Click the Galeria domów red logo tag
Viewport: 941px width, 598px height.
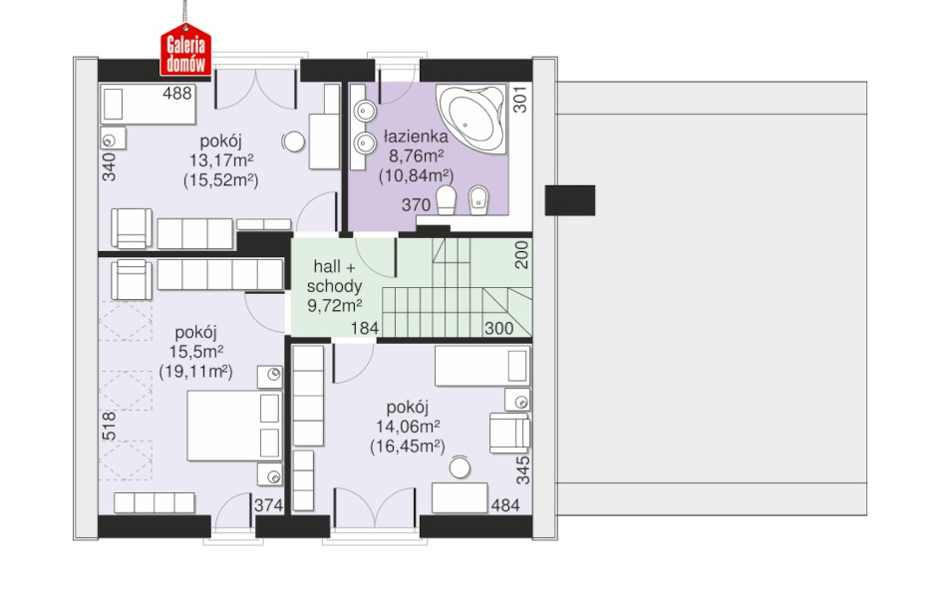pyautogui.click(x=185, y=51)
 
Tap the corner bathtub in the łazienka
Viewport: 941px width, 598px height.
pyautogui.click(x=471, y=118)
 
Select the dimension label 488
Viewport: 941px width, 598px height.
pyautogui.click(x=177, y=94)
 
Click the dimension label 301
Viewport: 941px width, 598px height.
pyautogui.click(x=520, y=100)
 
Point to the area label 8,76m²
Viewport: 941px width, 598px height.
pyautogui.click(x=416, y=155)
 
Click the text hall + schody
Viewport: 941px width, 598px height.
pyautogui.click(x=334, y=276)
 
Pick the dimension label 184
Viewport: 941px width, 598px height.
pyautogui.click(x=365, y=328)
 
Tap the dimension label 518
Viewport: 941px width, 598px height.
pyautogui.click(x=110, y=427)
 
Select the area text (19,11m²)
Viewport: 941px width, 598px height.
pyautogui.click(x=195, y=372)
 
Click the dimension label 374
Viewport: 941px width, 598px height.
pyautogui.click(x=268, y=505)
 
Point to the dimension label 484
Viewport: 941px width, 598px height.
pyautogui.click(x=505, y=505)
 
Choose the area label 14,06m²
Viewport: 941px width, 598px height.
pyautogui.click(x=408, y=427)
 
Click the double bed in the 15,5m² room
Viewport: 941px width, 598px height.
pyautogui.click(x=234, y=426)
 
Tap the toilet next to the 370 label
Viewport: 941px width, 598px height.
pyautogui.click(x=446, y=199)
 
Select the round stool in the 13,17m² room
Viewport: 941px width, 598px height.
pyautogui.click(x=293, y=143)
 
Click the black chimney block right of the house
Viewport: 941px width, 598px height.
pyautogui.click(x=570, y=200)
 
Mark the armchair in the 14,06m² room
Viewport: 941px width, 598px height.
pyautogui.click(x=509, y=433)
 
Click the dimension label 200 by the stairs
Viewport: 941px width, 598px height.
pyautogui.click(x=522, y=254)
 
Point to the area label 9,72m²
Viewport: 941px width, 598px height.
pyautogui.click(x=334, y=306)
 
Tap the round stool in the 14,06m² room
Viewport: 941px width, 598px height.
pyautogui.click(x=460, y=467)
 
